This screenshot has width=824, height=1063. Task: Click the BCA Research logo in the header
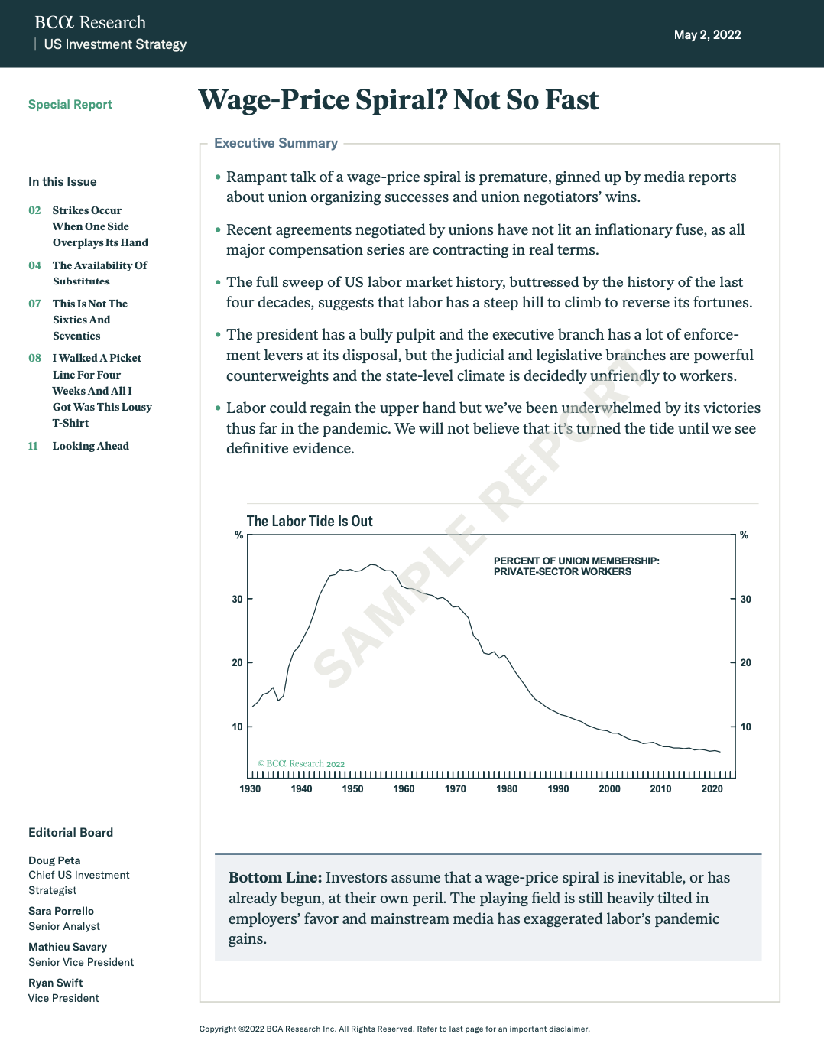[x=90, y=23]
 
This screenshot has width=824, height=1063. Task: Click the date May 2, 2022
[x=707, y=34]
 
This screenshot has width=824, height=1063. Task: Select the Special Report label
[x=70, y=105]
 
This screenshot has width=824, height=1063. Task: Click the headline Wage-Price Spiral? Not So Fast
[x=398, y=100]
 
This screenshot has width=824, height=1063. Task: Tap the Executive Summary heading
[x=276, y=143]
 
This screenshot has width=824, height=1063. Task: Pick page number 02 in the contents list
[x=34, y=210]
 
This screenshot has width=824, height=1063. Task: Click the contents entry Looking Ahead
[x=90, y=446]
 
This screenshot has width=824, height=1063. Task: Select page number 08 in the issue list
[x=34, y=358]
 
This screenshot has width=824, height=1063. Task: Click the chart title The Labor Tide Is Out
[x=310, y=522]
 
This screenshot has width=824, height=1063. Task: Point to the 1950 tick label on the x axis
[x=352, y=789]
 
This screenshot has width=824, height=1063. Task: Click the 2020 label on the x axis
[x=712, y=789]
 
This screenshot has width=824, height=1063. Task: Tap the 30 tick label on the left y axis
[x=237, y=600]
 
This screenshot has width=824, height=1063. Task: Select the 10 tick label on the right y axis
[x=746, y=727]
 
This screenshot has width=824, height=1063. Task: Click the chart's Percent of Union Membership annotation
[x=576, y=566]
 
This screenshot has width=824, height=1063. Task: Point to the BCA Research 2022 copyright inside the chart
[x=301, y=764]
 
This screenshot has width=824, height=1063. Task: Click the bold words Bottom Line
[x=275, y=878]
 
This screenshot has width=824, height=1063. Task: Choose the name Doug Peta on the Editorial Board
[x=54, y=860]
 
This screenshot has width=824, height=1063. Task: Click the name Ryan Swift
[x=55, y=983]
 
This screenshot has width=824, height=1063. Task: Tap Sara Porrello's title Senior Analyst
[x=64, y=926]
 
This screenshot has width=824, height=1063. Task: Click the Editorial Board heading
[x=70, y=833]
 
